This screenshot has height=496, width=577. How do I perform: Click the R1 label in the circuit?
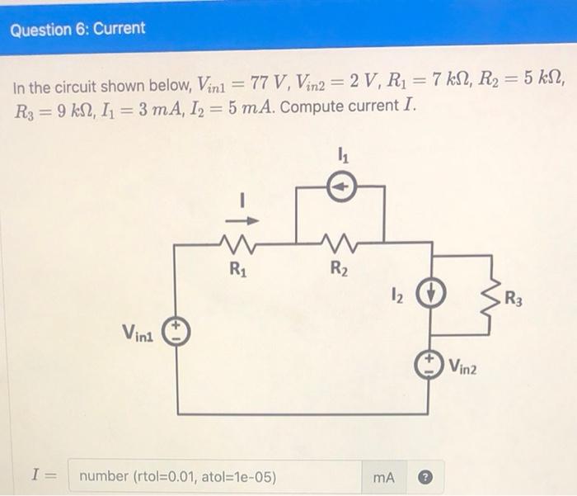coord(237,267)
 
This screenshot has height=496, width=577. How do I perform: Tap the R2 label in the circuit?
coord(338,267)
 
